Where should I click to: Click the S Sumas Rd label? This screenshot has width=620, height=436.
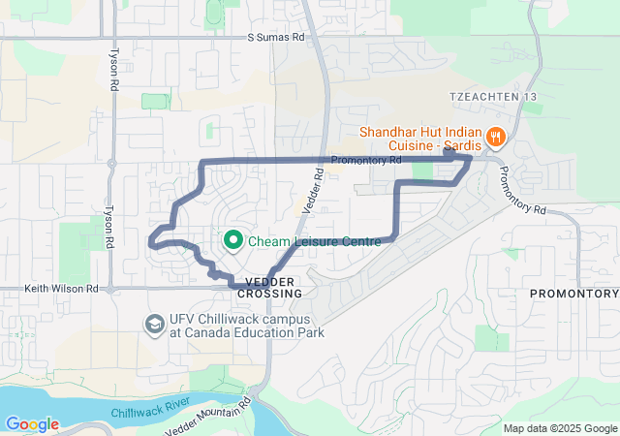pyautogui.click(x=275, y=37)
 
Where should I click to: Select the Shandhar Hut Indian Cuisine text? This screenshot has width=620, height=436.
pyautogui.click(x=421, y=140)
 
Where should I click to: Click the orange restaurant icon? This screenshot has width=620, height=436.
pyautogui.click(x=495, y=137)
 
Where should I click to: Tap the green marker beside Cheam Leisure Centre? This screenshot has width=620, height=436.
pyautogui.click(x=233, y=239)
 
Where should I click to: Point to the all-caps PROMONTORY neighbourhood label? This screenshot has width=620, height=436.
pyautogui.click(x=573, y=293)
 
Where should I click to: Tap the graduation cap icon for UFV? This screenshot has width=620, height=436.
pyautogui.click(x=153, y=323)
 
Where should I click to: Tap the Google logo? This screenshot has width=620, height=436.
pyautogui.click(x=32, y=423)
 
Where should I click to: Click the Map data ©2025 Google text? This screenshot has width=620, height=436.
pyautogui.click(x=560, y=428)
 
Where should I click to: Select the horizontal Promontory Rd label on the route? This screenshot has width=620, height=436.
pyautogui.click(x=365, y=160)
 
